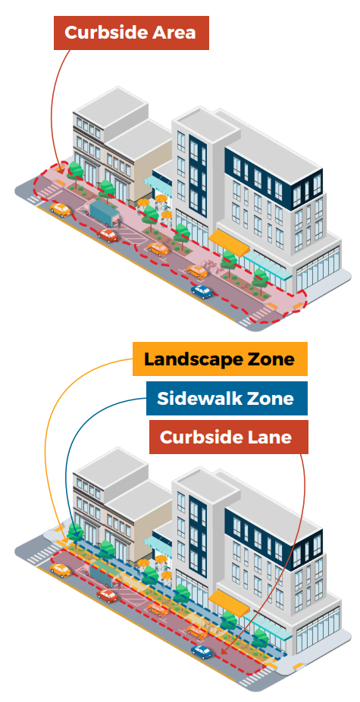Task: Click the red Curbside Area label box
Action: tap(131, 33)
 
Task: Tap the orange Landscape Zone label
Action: tap(220, 359)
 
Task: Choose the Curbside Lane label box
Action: tap(228, 437)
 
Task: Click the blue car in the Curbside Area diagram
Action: tap(202, 291)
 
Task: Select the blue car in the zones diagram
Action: tap(202, 651)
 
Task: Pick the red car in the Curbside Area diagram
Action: tap(108, 235)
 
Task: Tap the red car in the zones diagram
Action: tap(108, 595)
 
